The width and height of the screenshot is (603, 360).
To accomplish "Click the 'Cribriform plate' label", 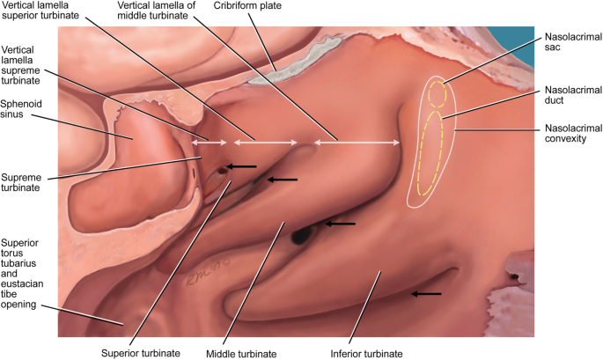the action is [247, 6].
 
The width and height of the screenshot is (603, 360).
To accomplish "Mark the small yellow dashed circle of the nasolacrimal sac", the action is [439, 93].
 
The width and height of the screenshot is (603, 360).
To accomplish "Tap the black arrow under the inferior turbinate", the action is [428, 294].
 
